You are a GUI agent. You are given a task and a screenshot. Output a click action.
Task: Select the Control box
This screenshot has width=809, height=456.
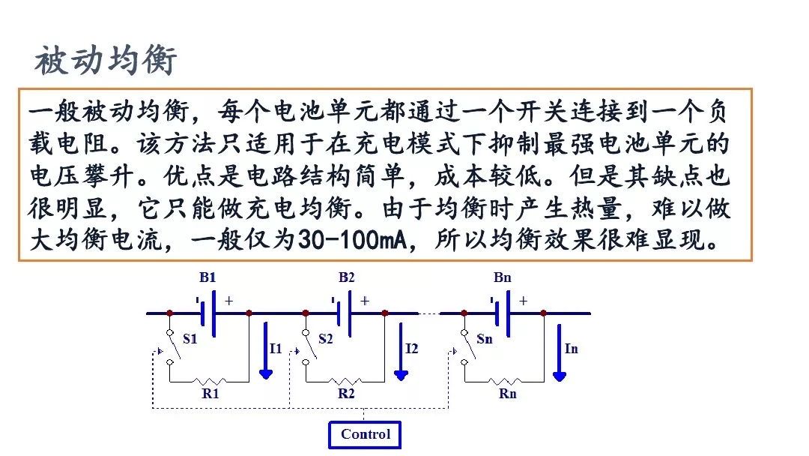pyautogui.click(x=365, y=434)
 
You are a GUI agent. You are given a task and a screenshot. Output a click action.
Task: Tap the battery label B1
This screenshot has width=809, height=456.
pyautogui.click(x=207, y=277)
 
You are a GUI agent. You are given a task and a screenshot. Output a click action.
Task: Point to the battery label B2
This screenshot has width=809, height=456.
pyautogui.click(x=346, y=277)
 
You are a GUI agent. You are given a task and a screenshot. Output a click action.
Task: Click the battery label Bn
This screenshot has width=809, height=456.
pyautogui.click(x=503, y=277)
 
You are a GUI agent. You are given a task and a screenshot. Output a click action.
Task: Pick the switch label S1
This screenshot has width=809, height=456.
pyautogui.click(x=190, y=339)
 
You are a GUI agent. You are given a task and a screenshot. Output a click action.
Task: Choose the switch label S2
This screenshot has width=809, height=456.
pyautogui.click(x=325, y=339)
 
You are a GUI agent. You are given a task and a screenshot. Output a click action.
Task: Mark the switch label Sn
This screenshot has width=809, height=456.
pyautogui.click(x=485, y=339)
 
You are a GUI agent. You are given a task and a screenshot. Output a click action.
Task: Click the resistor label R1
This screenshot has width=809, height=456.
pyautogui.click(x=210, y=393)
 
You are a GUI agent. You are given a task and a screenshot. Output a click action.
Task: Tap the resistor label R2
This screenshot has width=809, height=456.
pyautogui.click(x=346, y=393)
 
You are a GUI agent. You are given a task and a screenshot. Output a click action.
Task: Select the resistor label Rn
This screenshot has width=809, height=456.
pyautogui.click(x=507, y=393)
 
